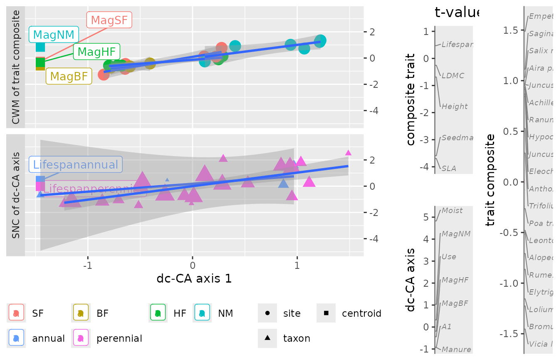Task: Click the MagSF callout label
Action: (109, 20)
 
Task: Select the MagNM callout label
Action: (53, 35)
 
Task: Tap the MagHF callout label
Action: (96, 52)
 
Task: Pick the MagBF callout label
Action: (69, 76)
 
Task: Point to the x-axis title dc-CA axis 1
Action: (194, 278)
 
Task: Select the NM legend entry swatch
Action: (202, 313)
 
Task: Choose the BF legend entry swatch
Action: (81, 313)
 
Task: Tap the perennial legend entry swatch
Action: (81, 338)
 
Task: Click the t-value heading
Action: (457, 12)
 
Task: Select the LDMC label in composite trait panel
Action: (453, 75)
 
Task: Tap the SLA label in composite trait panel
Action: (449, 169)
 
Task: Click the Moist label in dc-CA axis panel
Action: (452, 211)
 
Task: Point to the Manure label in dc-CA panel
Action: (456, 350)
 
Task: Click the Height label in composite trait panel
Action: (455, 107)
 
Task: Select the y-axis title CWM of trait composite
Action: (16, 67)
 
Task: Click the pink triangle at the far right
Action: (349, 153)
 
